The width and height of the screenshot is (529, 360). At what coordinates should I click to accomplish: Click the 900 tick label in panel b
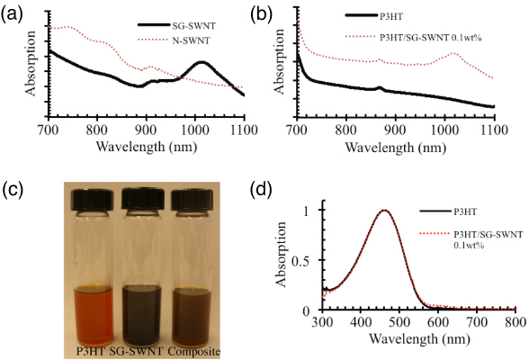[395, 130]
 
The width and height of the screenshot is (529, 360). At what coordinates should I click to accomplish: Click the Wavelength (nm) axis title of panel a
[145, 146]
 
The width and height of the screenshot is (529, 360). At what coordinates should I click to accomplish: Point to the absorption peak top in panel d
[414, 211]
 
